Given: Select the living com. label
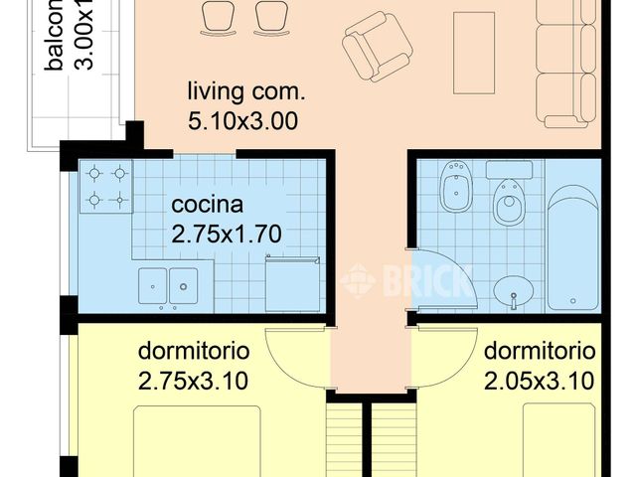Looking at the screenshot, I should pos(247,93).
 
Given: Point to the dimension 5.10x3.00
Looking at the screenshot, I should pos(243,122).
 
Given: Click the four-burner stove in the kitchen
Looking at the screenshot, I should pos(106,187).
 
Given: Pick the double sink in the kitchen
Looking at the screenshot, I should pos(168,285).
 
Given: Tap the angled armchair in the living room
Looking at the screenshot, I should pos(378,45).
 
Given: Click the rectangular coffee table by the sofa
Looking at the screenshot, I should pos(473,52).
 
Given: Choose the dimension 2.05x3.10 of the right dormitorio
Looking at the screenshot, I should pos(540,379).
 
